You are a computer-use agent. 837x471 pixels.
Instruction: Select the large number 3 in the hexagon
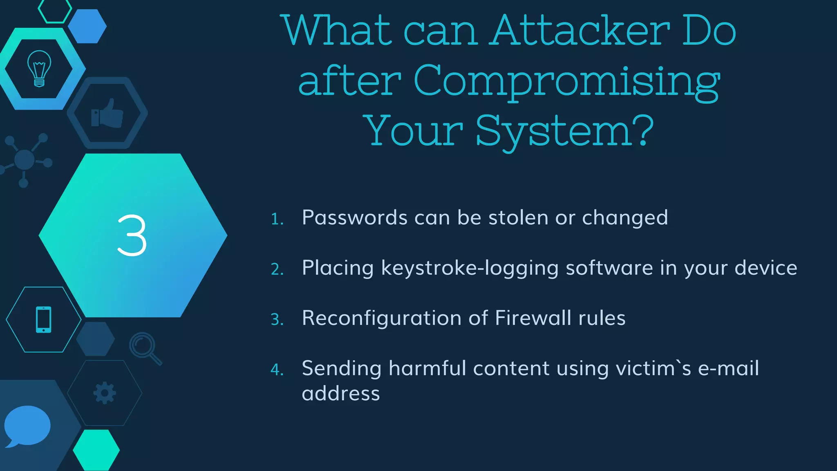(132, 236)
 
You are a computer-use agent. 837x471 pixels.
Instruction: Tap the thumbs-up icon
(107, 114)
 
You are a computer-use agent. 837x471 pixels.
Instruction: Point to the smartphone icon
(44, 319)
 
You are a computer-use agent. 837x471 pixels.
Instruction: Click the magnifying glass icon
(145, 348)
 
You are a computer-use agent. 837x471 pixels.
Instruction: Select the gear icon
(105, 393)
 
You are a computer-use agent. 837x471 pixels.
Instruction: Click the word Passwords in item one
(354, 218)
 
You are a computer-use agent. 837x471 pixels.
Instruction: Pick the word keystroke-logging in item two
(470, 268)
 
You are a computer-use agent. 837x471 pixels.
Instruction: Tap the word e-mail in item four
(728, 368)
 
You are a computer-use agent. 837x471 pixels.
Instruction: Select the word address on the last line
(341, 394)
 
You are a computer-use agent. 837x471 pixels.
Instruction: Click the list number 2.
(277, 269)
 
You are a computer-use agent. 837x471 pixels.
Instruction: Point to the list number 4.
(277, 370)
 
